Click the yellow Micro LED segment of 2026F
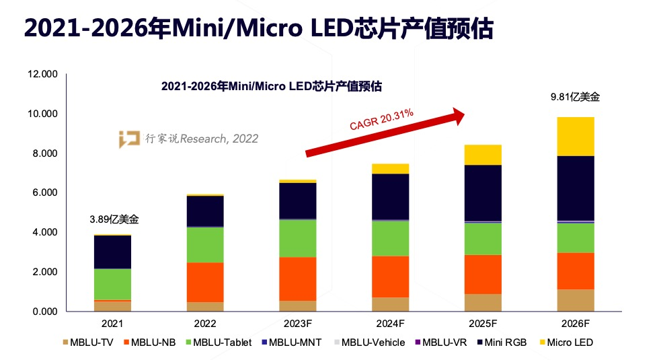[575, 137]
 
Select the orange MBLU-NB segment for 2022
[205, 282]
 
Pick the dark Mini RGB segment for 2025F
[482, 192]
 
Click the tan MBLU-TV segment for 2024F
[390, 304]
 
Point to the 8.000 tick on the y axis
[42, 153]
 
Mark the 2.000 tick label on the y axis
[42, 272]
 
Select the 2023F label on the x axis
[297, 322]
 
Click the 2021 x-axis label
[112, 322]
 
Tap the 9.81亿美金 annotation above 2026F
[574, 97]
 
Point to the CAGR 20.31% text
[381, 118]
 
